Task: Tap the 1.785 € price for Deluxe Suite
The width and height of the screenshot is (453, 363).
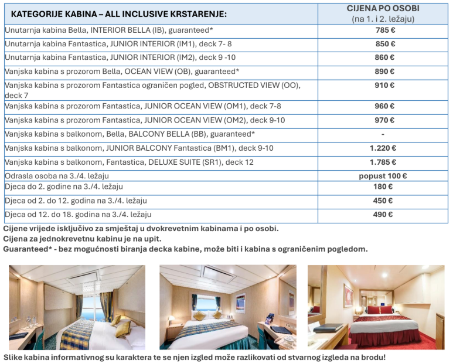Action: coord(383,162)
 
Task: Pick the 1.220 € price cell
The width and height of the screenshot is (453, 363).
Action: coord(383,148)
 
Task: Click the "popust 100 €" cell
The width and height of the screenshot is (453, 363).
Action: coord(383,176)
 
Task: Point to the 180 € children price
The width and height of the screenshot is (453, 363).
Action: coord(383,187)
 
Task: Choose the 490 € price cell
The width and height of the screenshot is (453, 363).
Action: coord(383,215)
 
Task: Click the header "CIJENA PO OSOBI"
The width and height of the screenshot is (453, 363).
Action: coord(383,9)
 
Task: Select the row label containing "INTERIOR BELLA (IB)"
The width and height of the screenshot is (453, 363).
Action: coord(109,30)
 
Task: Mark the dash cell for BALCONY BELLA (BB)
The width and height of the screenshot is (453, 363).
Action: coord(383,134)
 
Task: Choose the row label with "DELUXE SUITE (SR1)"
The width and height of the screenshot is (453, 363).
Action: coord(130,162)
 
